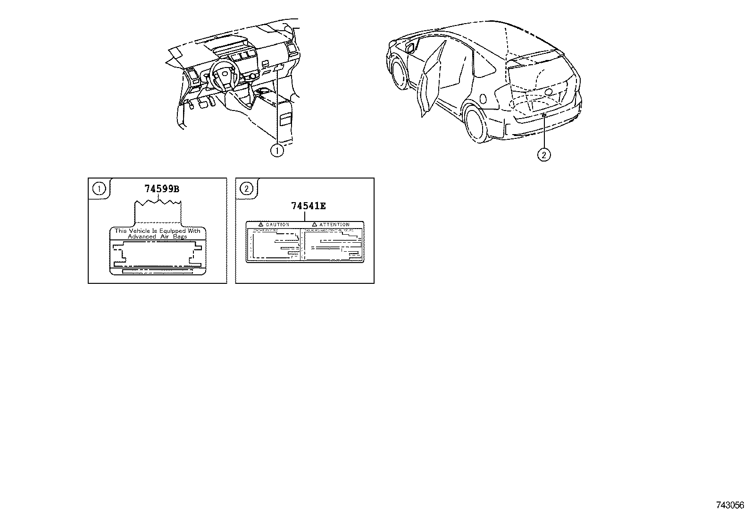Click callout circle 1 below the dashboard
[277, 151]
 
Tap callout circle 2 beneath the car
[544, 154]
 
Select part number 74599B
[162, 189]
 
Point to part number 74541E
[309, 206]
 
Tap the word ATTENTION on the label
[334, 224]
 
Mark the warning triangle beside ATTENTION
[314, 224]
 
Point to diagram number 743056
[730, 505]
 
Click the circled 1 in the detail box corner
[99, 189]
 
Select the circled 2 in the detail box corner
[246, 189]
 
